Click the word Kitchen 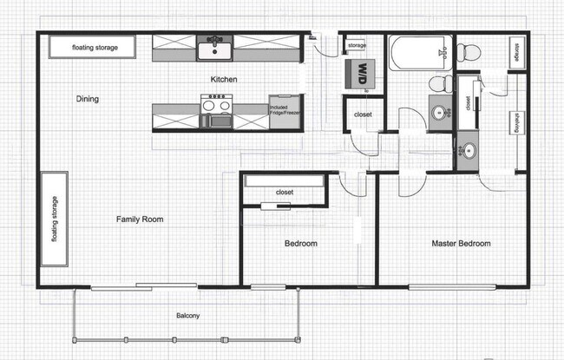tap(224, 80)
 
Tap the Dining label tap(88, 99)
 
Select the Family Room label tap(140, 219)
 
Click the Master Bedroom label tap(461, 244)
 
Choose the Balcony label tap(188, 316)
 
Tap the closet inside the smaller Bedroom tap(284, 192)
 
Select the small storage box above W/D tap(357, 45)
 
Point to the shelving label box tap(515, 121)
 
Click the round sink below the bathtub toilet tap(440, 112)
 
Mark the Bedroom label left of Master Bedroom tap(301, 244)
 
